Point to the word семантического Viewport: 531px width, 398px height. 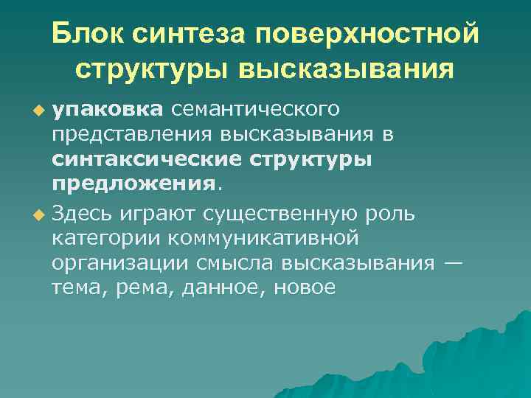[255, 110]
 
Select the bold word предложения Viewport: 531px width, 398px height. [133, 184]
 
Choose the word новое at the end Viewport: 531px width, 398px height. [305, 288]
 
